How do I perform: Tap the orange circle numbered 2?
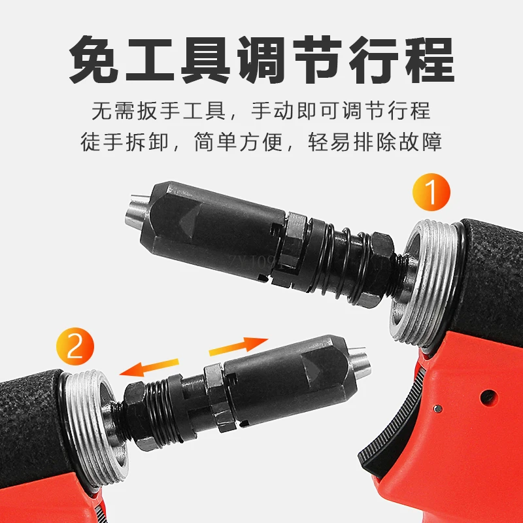tap(75, 349)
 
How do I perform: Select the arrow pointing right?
tap(239, 345)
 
